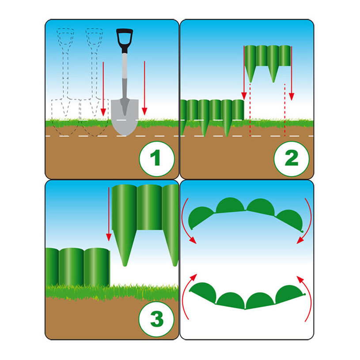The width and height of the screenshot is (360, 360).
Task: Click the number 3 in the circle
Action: coord(157,318)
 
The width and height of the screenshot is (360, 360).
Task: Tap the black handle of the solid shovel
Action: coord(125,40)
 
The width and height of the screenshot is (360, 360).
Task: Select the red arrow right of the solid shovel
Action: coord(144,88)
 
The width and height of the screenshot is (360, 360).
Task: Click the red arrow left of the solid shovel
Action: coord(103,89)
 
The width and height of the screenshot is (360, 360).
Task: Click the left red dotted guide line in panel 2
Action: coord(250,110)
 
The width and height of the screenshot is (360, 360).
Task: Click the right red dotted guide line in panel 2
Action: coord(285,110)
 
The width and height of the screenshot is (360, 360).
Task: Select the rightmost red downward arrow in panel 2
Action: coord(292,73)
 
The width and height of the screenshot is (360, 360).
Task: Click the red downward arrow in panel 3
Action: coord(109,214)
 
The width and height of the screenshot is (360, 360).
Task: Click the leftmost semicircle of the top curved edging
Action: coord(200,217)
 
